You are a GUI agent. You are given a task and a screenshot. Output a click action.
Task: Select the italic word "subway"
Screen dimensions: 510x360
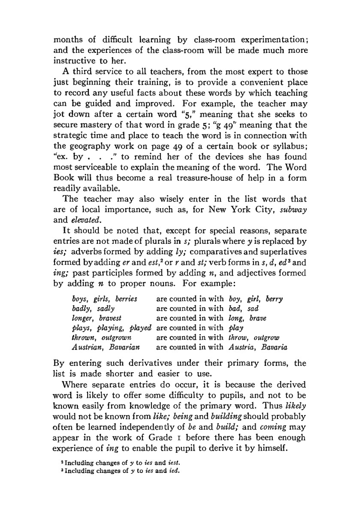293,210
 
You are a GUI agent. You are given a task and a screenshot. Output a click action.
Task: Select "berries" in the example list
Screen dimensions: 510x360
126,299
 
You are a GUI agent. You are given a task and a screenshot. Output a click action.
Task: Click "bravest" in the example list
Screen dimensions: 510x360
110,318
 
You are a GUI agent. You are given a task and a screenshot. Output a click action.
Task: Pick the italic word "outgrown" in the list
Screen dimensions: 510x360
116,338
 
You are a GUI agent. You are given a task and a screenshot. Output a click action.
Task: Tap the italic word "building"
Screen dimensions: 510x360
226,417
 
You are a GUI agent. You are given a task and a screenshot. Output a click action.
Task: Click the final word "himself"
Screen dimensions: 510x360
269,448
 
